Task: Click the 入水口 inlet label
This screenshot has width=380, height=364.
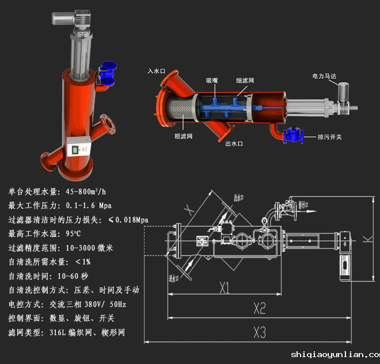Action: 156,71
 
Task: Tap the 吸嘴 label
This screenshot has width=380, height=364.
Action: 212,81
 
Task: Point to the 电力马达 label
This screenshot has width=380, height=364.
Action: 323,76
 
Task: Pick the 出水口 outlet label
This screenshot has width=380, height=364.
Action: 234,144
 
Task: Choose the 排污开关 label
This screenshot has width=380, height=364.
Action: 330,137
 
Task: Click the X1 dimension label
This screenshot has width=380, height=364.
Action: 224,286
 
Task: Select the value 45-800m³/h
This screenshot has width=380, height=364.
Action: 86,191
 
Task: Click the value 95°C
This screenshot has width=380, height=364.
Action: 74,234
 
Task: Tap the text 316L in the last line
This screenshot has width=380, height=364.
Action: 58,332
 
